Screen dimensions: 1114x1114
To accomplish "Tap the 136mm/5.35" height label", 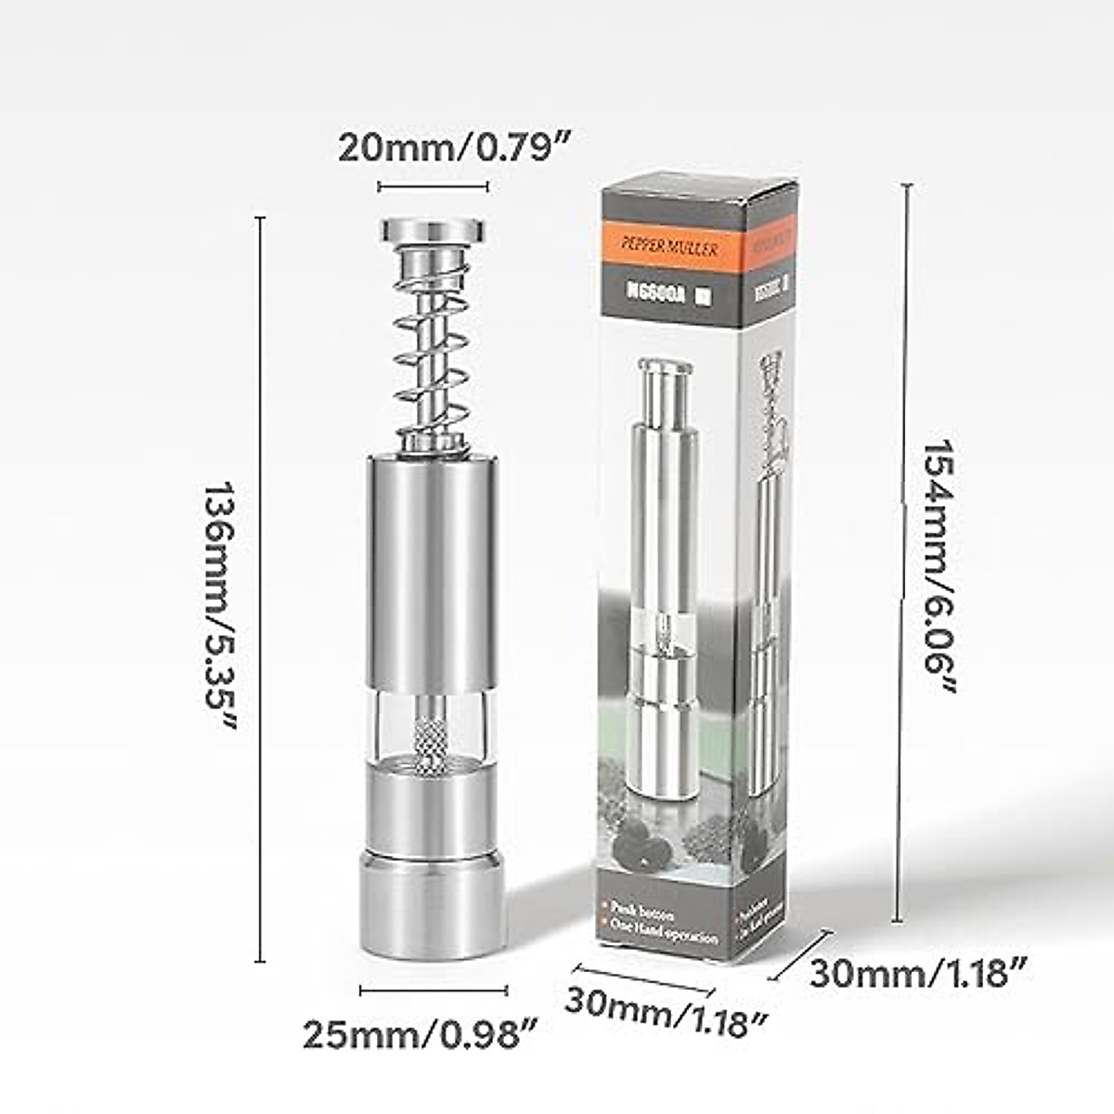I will click(221, 605).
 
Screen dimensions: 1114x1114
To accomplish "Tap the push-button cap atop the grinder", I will click(434, 228).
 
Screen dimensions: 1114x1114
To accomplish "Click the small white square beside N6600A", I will click(704, 296).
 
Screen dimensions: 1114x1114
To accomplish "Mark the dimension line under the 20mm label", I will click(433, 187).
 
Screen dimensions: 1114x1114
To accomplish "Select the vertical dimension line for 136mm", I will click(261, 589).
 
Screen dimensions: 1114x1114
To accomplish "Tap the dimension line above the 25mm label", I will click(433, 991).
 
